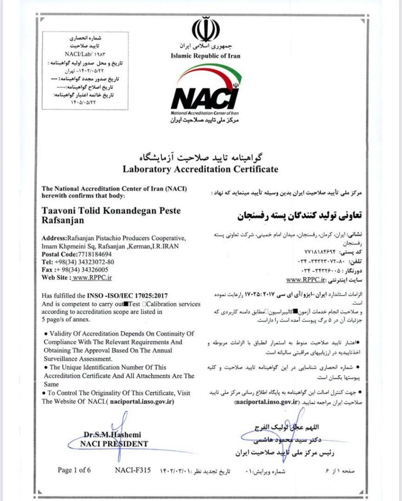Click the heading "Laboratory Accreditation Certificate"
click(201, 169)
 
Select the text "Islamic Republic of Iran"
click(205, 56)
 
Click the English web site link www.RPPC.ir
click(92, 277)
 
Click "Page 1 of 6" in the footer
click(74, 470)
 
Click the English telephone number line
click(80, 262)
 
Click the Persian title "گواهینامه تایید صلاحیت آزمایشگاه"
click(201, 157)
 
